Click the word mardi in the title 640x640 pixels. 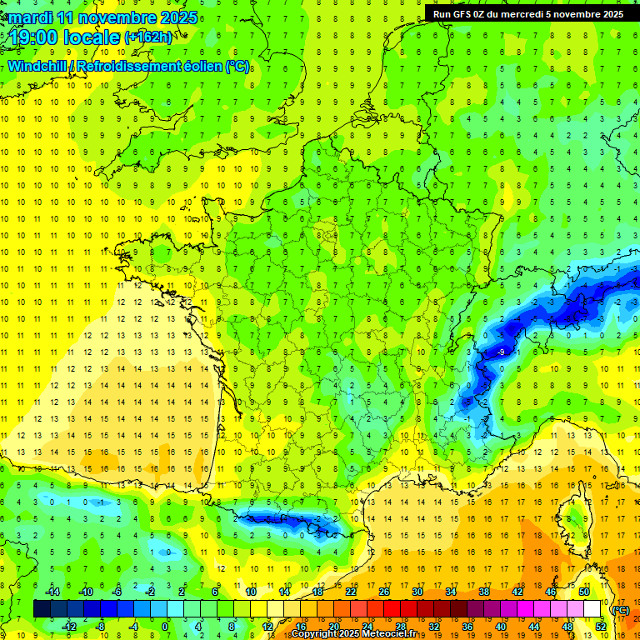point(32,17)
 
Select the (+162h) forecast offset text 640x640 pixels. point(148,37)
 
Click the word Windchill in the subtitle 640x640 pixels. point(37,66)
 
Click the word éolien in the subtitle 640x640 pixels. point(199,66)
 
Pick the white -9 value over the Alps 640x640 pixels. point(501,352)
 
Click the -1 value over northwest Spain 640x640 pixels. point(101,502)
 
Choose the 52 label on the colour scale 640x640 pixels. point(600,627)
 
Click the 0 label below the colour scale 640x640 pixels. point(165,627)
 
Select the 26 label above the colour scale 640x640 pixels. point(384,591)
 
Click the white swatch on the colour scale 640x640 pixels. point(592,609)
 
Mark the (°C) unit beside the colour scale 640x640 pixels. point(621,609)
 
